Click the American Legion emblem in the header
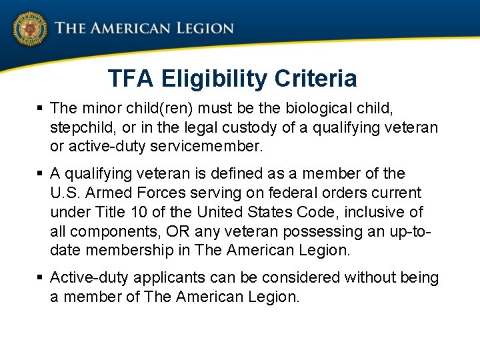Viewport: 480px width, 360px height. (29, 29)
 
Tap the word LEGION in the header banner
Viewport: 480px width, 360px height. (205, 29)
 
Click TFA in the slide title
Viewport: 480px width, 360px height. (131, 79)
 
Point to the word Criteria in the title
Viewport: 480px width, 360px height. (316, 79)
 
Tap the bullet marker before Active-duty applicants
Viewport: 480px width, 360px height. (40, 277)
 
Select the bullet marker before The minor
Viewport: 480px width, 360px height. (40, 108)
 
